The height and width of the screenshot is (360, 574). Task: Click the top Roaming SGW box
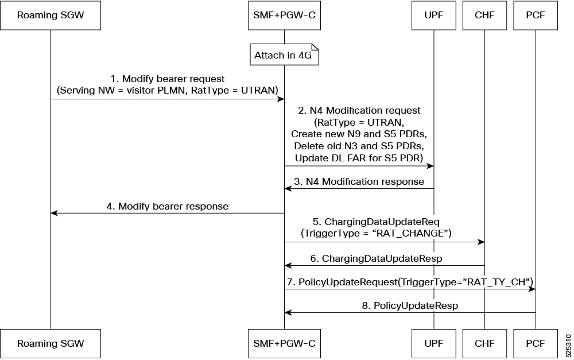pyautogui.click(x=51, y=15)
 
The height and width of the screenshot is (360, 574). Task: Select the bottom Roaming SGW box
pyautogui.click(x=51, y=343)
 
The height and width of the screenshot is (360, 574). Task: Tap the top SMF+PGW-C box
pyautogui.click(x=285, y=15)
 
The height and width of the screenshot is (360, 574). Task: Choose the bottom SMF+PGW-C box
pyautogui.click(x=285, y=343)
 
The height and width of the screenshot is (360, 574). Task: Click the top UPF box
pyautogui.click(x=434, y=15)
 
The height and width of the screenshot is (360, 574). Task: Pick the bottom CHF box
pyautogui.click(x=484, y=343)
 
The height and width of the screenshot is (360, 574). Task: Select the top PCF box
pyautogui.click(x=536, y=15)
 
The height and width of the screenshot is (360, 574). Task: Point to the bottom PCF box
pyautogui.click(x=536, y=343)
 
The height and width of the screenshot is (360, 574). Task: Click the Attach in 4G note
pyautogui.click(x=285, y=55)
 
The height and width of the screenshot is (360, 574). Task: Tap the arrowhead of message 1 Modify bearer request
pyautogui.click(x=281, y=99)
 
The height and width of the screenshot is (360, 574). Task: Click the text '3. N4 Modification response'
pyautogui.click(x=359, y=181)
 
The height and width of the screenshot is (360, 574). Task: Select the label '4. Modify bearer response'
pyautogui.click(x=167, y=206)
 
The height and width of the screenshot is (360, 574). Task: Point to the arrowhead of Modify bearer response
pyautogui.click(x=54, y=213)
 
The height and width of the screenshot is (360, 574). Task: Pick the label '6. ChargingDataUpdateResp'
pyautogui.click(x=377, y=258)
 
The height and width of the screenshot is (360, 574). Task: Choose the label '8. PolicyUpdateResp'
pyautogui.click(x=410, y=305)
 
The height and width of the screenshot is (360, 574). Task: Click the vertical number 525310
pyautogui.click(x=568, y=346)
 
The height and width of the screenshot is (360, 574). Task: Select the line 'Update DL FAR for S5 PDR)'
pyautogui.click(x=359, y=158)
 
